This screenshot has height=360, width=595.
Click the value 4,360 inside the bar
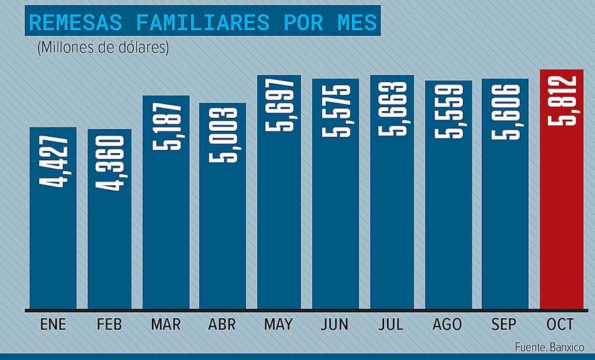coord(109,163)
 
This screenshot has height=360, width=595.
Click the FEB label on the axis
coord(109,325)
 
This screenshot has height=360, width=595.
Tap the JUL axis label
coord(392,325)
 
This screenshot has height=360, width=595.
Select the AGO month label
coord(448,325)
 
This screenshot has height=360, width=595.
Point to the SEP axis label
coord(505,325)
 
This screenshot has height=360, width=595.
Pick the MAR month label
coord(165,325)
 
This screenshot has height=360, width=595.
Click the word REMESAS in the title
coord(76,23)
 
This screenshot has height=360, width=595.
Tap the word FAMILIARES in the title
coord(203,23)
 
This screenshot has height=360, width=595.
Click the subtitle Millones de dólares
coord(103,48)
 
